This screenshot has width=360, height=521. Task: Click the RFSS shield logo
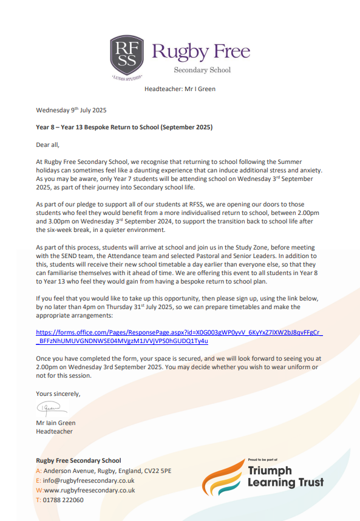coord(126,57)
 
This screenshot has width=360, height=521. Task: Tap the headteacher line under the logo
coord(180,89)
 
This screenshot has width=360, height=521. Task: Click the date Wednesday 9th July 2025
coord(71,111)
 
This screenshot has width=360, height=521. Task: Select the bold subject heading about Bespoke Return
coord(124,128)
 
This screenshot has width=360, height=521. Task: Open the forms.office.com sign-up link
coord(179,336)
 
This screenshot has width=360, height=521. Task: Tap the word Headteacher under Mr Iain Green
coord(54,431)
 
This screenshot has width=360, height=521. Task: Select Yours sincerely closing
coord(58,393)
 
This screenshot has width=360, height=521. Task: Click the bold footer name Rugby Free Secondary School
coord(78,461)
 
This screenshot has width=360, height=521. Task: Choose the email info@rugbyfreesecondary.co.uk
coord(88,480)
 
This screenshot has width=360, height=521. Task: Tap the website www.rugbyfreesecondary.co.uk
coord(89,490)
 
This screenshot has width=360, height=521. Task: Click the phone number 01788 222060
coord(63,500)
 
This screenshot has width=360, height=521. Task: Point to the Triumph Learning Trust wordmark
coord(285,477)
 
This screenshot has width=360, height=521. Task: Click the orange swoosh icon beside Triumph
coord(223,478)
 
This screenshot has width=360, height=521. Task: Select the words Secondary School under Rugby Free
coord(202,70)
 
